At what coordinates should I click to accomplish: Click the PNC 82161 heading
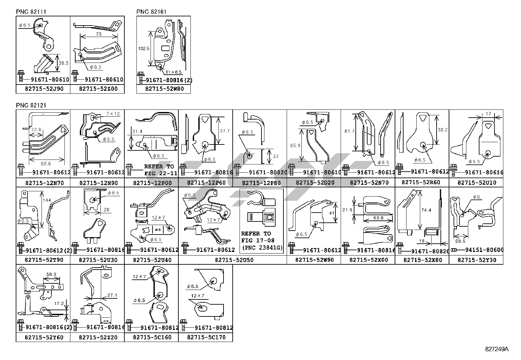pyautogui.click(x=151, y=12)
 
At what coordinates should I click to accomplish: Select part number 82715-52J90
pyautogui.click(x=43, y=89)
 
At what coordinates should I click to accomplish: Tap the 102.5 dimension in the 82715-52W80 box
pyautogui.click(x=144, y=48)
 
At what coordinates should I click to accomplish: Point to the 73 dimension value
pyautogui.click(x=99, y=34)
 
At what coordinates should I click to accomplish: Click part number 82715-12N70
pyautogui.click(x=43, y=183)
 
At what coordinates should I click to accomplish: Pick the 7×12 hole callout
pyautogui.click(x=113, y=113)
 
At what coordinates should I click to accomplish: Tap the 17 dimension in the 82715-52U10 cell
pyautogui.click(x=488, y=114)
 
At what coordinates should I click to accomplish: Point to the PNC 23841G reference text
pyautogui.click(x=261, y=248)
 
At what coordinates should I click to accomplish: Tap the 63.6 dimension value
pyautogui.click(x=378, y=218)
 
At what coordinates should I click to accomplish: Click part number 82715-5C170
pyautogui.click(x=206, y=337)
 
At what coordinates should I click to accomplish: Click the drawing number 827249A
pyautogui.click(x=497, y=349)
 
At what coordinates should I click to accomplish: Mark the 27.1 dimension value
pyautogui.click(x=112, y=295)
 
